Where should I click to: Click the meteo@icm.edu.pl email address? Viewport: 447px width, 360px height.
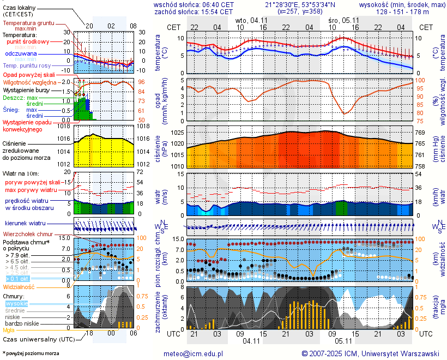tap(194, 353)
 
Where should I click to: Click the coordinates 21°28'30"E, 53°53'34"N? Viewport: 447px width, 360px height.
tap(304, 4)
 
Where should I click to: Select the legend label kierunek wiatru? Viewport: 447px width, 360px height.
tap(25, 224)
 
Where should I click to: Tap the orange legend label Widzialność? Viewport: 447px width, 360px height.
tap(19, 286)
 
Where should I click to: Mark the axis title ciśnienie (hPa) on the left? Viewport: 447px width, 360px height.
tap(161, 147)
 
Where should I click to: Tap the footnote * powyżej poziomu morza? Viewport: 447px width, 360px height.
tap(31, 353)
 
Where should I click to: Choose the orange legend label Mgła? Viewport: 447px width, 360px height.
tap(9, 330)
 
